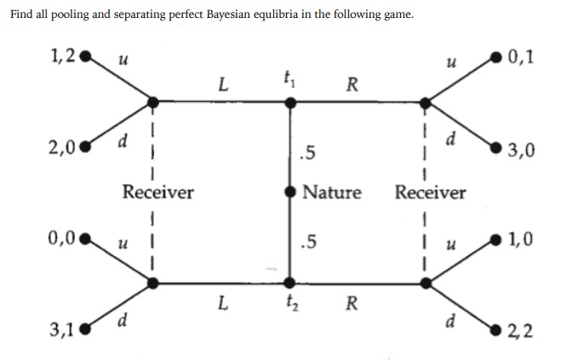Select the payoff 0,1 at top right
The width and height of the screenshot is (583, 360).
(522, 59)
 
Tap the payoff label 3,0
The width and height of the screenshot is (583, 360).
(521, 153)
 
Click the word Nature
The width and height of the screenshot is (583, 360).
(332, 192)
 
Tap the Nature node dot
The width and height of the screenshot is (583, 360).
(291, 192)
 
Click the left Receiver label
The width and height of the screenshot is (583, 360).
(158, 192)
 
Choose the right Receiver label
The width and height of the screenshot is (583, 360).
(430, 192)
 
